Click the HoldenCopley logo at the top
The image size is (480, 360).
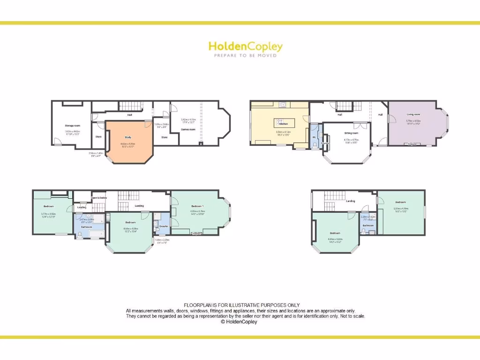pos(245,46)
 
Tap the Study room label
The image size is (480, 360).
pos(128,137)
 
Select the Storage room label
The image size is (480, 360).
pos(72,126)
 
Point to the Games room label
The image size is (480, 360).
pos(188,129)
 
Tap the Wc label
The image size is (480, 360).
pos(314,137)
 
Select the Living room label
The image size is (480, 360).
pos(413,114)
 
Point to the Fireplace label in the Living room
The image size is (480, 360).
pos(413,144)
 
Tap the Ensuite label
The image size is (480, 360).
pos(163,226)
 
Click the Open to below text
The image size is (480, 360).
pos(99,198)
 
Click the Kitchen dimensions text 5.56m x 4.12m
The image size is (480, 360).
pos(284,132)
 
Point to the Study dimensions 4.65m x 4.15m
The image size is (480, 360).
pos(128,143)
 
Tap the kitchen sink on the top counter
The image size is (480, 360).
pos(283,104)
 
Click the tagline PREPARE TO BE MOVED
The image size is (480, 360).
pos(245,55)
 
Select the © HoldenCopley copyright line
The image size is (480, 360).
pos(239,322)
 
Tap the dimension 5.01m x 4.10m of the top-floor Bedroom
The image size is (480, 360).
pos(401,208)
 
